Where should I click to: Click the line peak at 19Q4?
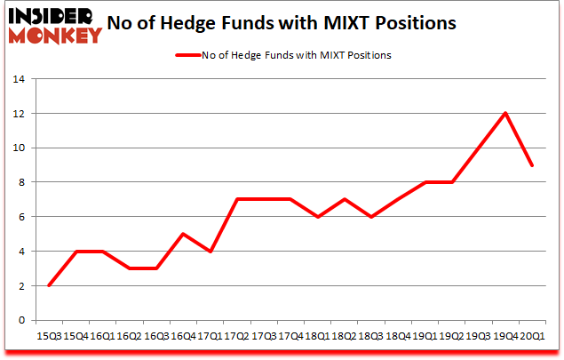click(x=506, y=113)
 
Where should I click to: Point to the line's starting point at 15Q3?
click(x=49, y=285)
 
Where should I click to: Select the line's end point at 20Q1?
click(x=533, y=164)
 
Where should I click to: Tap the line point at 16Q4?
click(x=183, y=234)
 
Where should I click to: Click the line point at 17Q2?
click(x=237, y=199)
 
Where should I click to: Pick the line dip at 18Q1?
click(x=318, y=217)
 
